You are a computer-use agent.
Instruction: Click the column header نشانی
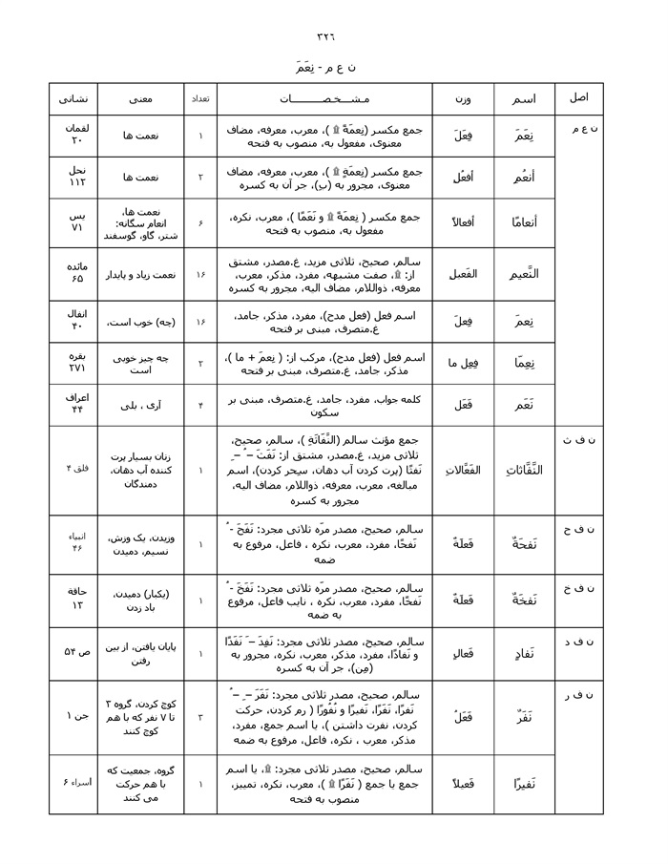coord(73,98)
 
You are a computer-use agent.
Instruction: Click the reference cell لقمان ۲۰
coord(74,136)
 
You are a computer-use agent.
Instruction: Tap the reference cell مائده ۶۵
coord(74,275)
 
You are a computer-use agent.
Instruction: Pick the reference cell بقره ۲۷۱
coord(74,363)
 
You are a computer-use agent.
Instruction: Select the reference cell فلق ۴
coord(74,468)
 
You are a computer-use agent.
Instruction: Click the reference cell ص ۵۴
coord(74,651)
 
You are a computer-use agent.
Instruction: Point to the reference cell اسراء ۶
coord(74,783)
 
